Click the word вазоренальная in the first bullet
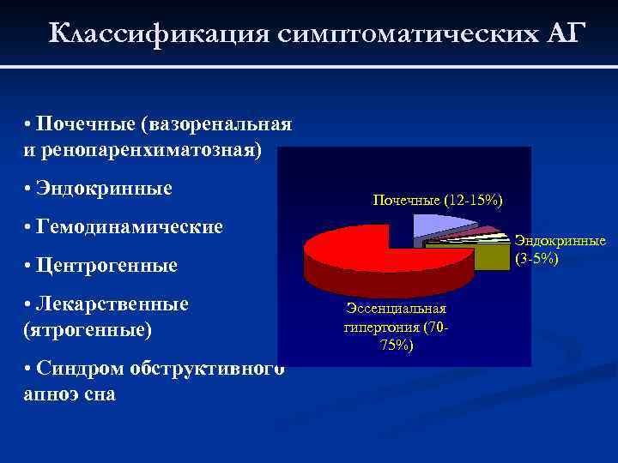[x=221, y=124]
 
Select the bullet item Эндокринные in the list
[x=104, y=188]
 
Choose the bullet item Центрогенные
[x=106, y=265]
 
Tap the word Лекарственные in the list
[x=112, y=304]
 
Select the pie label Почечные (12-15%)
[x=438, y=200]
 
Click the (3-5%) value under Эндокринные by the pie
[x=537, y=258]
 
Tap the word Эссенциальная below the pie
[x=396, y=308]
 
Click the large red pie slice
[x=360, y=249]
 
